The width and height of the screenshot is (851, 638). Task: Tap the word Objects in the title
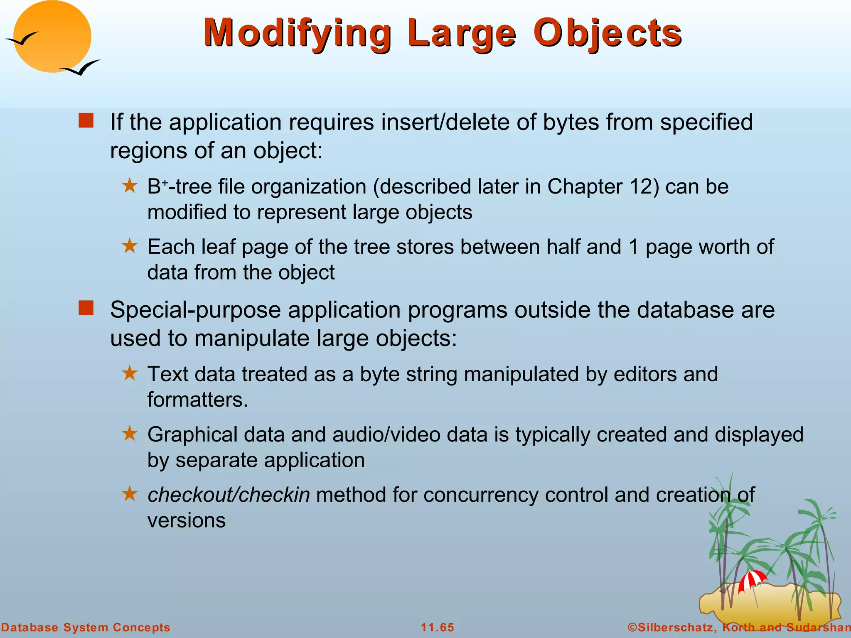(x=607, y=33)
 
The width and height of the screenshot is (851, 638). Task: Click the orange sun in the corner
(x=52, y=37)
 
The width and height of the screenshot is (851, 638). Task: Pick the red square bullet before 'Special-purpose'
(x=86, y=308)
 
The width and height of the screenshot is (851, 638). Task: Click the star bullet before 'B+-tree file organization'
(x=130, y=186)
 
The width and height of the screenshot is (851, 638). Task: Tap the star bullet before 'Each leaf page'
(x=130, y=246)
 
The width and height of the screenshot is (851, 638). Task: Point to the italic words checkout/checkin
(x=229, y=495)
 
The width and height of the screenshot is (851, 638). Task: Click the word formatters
(x=197, y=400)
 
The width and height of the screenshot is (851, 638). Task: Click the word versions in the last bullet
(x=187, y=520)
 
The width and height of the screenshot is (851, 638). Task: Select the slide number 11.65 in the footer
(x=438, y=627)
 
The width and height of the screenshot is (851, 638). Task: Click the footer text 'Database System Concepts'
(x=86, y=627)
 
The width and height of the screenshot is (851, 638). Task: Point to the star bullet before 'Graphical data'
(x=130, y=434)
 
